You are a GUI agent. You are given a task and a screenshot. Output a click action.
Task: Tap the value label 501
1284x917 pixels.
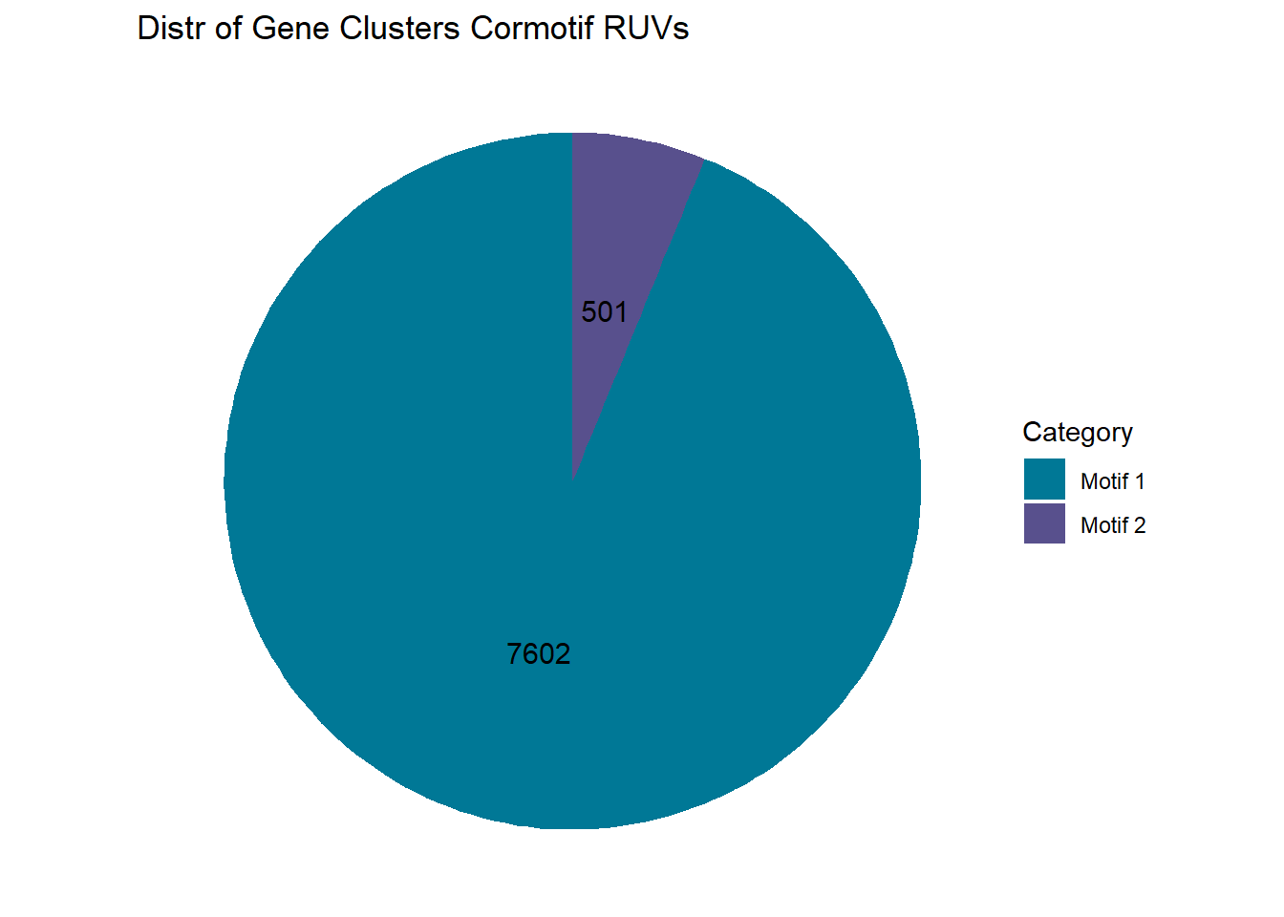point(604,312)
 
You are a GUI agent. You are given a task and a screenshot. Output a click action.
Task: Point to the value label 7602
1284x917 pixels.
point(538,654)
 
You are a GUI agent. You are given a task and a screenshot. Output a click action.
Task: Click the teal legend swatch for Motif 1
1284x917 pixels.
point(1044,479)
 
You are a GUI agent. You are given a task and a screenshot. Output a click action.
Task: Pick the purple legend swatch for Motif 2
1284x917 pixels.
point(1044,523)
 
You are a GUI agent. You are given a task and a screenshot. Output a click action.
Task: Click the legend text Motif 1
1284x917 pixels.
point(1113,481)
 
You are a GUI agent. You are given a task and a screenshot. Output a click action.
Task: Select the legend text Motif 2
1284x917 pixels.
point(1113,525)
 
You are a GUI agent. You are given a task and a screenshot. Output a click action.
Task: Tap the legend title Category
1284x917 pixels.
point(1078,433)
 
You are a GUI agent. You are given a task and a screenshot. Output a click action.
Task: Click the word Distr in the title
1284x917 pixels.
point(171,28)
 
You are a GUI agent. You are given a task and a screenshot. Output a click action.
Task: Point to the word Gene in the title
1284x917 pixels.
point(290,28)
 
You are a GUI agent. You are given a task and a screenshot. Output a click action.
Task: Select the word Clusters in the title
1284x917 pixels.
point(399,28)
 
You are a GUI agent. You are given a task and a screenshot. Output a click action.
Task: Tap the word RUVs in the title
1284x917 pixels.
point(646,28)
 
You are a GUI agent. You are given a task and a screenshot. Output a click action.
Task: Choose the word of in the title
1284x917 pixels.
point(228,28)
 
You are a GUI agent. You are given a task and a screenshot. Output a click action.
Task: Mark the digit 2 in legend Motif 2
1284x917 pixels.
point(1140,525)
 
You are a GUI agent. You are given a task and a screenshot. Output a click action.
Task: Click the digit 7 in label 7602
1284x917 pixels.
point(515,654)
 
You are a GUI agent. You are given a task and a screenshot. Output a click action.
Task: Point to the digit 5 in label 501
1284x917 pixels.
point(588,312)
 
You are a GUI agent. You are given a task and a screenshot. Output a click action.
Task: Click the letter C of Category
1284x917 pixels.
point(1033,432)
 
